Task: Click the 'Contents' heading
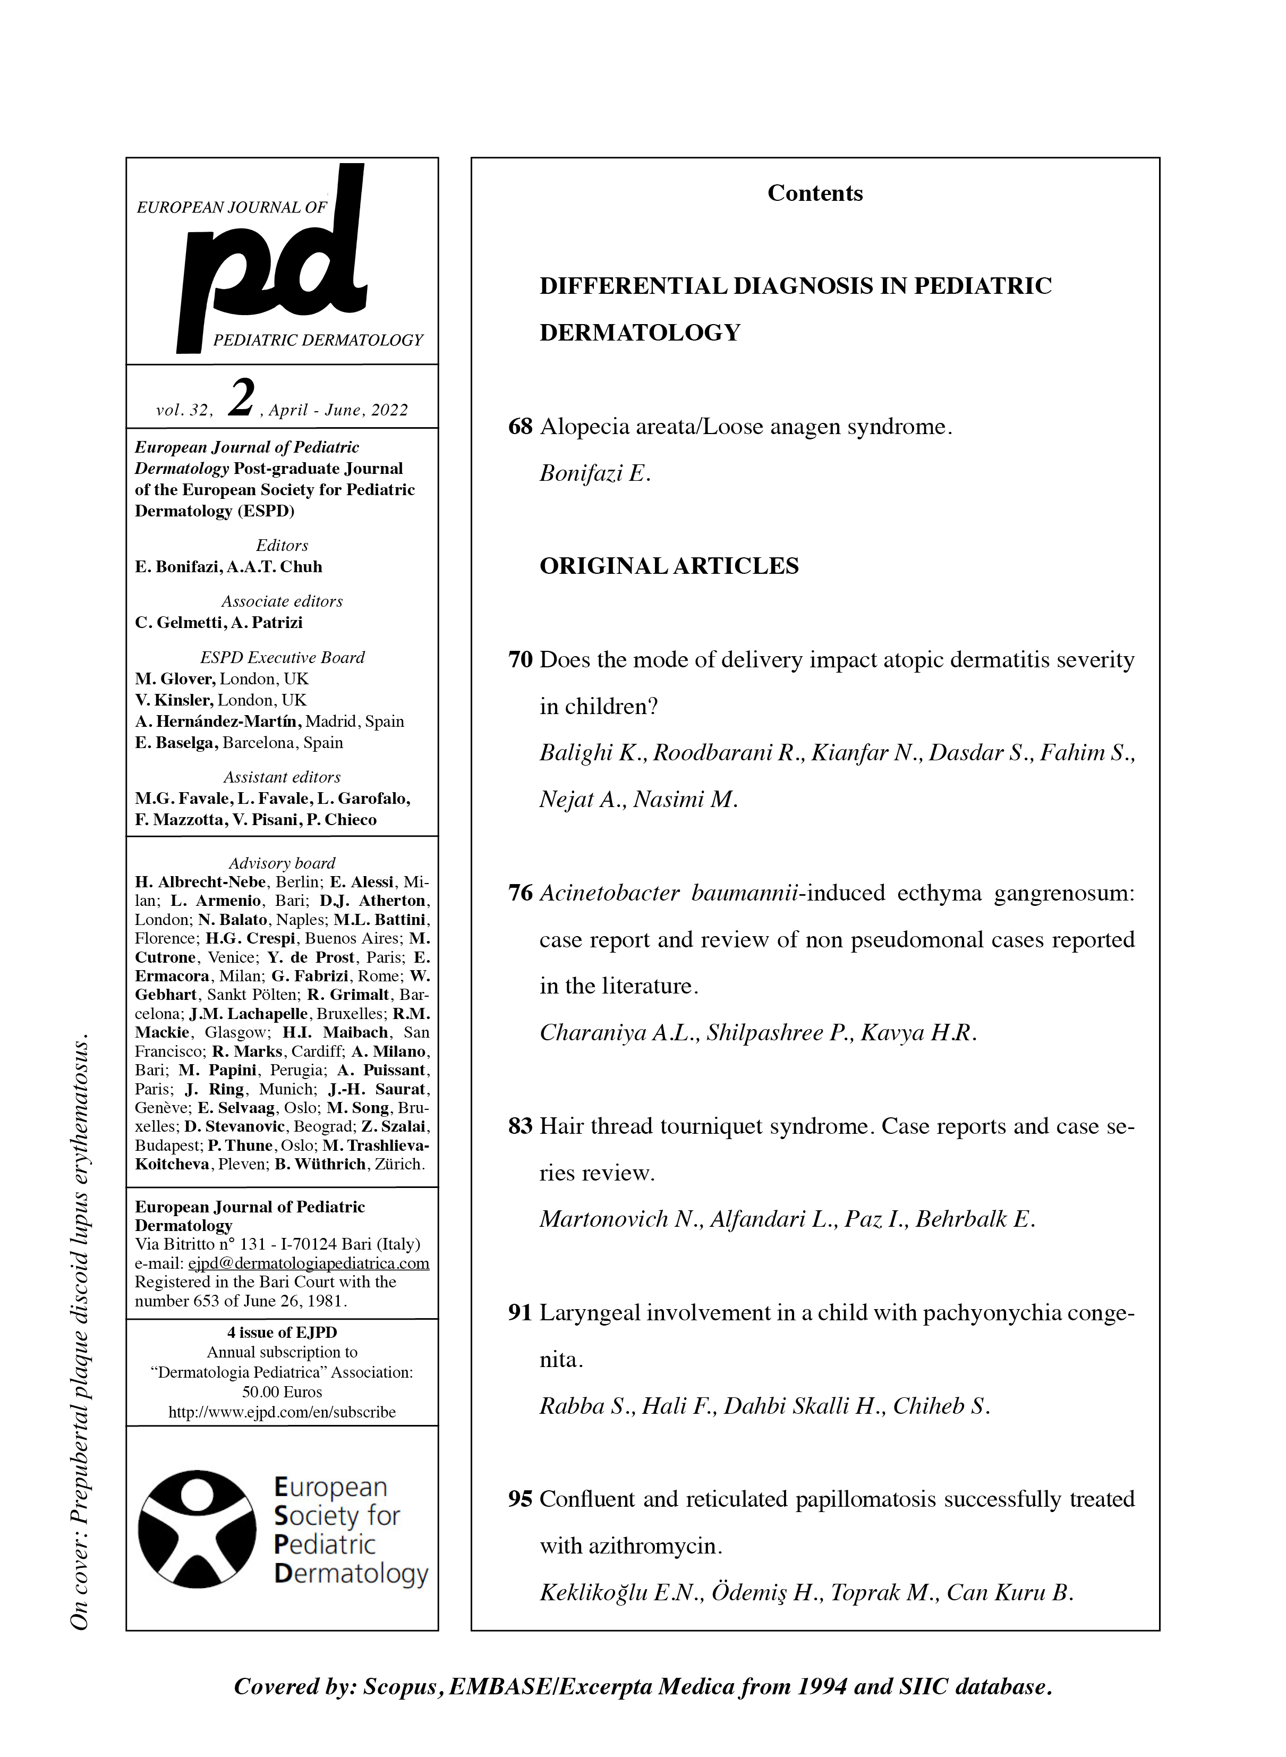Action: click(815, 193)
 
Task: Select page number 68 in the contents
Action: click(520, 427)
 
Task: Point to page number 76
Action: click(520, 893)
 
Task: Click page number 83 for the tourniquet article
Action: click(520, 1126)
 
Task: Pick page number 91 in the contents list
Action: click(520, 1313)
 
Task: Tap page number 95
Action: click(520, 1499)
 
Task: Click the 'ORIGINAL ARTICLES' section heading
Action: click(669, 566)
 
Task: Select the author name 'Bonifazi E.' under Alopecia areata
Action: click(595, 473)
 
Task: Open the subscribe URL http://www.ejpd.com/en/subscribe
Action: click(282, 1412)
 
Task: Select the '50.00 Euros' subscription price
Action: click(282, 1392)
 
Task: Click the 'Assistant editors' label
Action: click(282, 777)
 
